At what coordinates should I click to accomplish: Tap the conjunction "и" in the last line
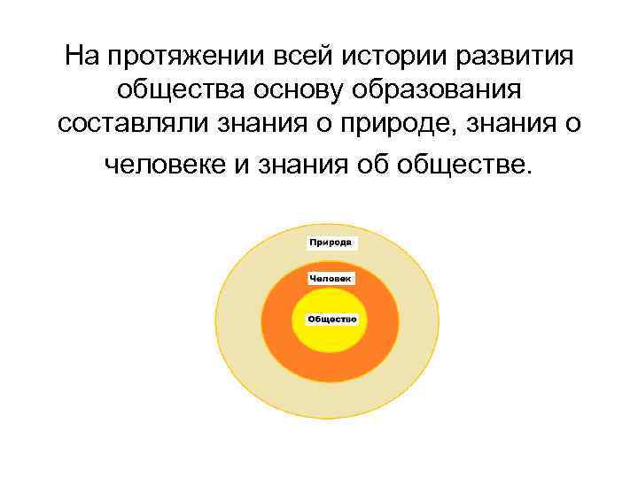[x=239, y=164]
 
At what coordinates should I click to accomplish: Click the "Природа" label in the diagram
[x=332, y=242]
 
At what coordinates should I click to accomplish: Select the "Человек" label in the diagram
[x=331, y=279]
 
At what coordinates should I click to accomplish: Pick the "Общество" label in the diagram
[x=331, y=319]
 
